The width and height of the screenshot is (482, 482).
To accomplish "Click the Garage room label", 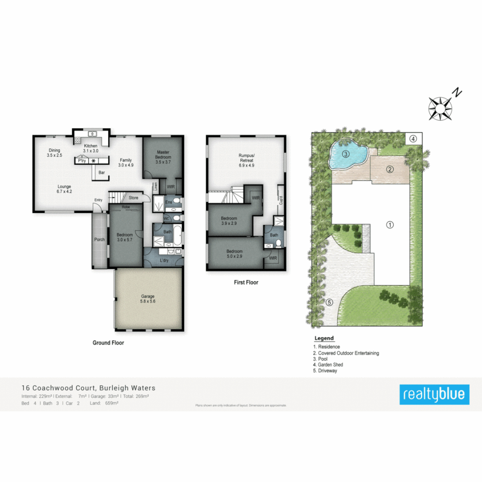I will (x=148, y=299).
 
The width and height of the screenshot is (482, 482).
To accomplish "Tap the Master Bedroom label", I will (x=162, y=154).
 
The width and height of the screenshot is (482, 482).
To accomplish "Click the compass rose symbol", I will (x=440, y=108).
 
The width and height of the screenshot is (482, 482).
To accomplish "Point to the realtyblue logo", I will (x=434, y=394).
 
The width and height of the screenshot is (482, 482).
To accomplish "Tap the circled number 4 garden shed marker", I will (x=413, y=138).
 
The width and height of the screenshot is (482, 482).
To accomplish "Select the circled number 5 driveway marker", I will (x=329, y=302).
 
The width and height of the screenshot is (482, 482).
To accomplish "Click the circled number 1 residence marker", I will (x=390, y=224).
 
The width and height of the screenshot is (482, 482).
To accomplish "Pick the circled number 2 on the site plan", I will (x=389, y=169).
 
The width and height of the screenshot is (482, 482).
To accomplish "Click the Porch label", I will (x=100, y=240).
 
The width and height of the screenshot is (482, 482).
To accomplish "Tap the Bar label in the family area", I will (x=102, y=172).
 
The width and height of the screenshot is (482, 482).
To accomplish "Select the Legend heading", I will (x=324, y=338).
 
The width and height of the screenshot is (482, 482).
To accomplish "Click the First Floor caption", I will (x=246, y=282).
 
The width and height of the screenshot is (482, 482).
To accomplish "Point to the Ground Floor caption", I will (x=108, y=343).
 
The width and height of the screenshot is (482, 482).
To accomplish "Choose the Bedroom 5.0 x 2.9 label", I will (x=234, y=253).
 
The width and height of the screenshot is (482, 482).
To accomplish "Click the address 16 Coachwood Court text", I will (x=88, y=388).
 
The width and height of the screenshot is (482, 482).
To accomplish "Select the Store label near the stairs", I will (x=133, y=197).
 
